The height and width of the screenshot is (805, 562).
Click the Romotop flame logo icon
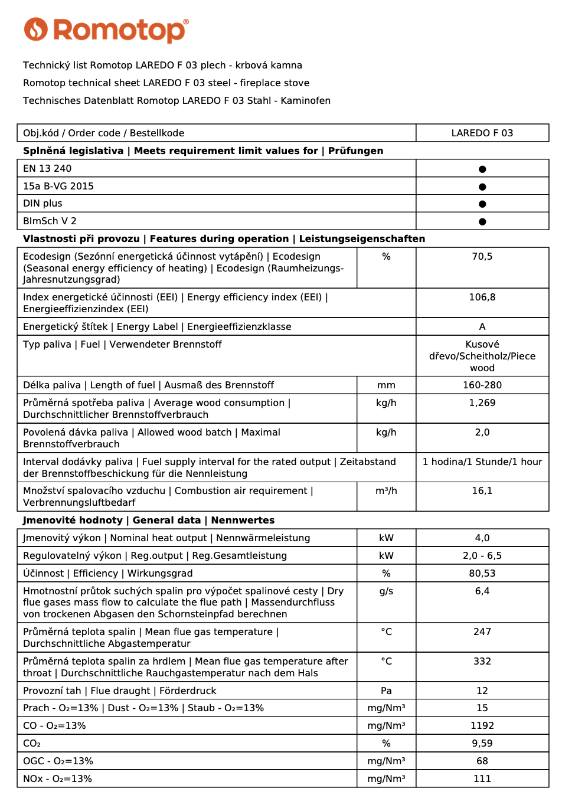coord(35,30)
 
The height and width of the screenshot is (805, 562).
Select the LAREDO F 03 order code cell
coord(482,133)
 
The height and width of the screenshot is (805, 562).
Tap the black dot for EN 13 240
coord(482,169)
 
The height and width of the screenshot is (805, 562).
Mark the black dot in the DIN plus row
coord(482,204)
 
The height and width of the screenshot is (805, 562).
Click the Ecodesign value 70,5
coord(482,257)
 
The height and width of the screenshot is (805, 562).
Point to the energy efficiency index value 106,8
coord(482,297)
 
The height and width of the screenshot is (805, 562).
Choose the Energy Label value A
coord(482,327)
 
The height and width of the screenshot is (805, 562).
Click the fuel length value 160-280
coord(482,385)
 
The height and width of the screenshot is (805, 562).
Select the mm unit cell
coord(386,385)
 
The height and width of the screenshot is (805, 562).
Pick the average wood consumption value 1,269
coord(482,403)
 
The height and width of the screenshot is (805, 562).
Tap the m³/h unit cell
coord(386,491)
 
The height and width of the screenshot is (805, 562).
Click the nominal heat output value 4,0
coord(482,538)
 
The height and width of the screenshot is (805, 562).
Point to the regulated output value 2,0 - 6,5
coord(482,556)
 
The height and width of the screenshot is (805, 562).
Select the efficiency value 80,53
coord(482,574)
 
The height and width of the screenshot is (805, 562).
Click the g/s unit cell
coord(386,591)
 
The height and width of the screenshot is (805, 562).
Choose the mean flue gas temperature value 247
coord(482,632)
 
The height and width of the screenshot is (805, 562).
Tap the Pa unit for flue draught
coord(386,691)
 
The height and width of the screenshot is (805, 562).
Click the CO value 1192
coord(482,726)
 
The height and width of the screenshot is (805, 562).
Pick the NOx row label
coord(57,779)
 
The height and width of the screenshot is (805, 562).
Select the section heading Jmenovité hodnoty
coord(73,521)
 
